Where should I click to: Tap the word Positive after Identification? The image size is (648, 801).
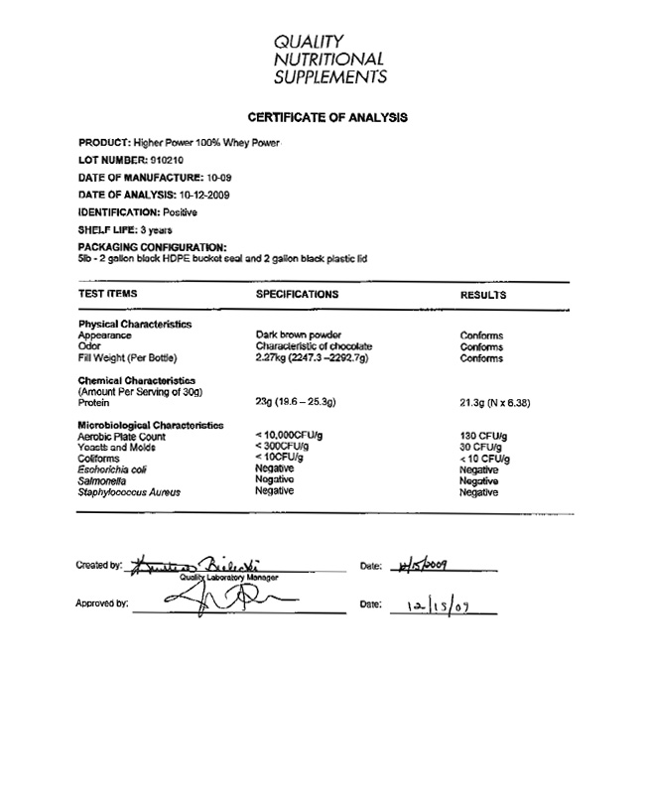(x=181, y=212)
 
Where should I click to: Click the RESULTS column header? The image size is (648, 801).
(x=483, y=295)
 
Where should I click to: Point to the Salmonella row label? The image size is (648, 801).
(x=102, y=480)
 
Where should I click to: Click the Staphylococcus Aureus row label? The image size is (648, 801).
(x=133, y=491)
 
